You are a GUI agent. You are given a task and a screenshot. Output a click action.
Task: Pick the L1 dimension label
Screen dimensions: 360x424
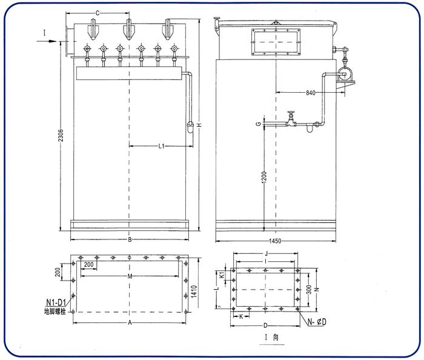click(161, 146)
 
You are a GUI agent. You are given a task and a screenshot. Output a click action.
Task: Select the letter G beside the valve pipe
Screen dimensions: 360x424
click(257, 125)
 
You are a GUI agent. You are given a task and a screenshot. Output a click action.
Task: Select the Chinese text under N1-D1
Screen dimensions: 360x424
click(56, 311)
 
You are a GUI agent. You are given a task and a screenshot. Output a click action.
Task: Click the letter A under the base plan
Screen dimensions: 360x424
click(129, 323)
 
